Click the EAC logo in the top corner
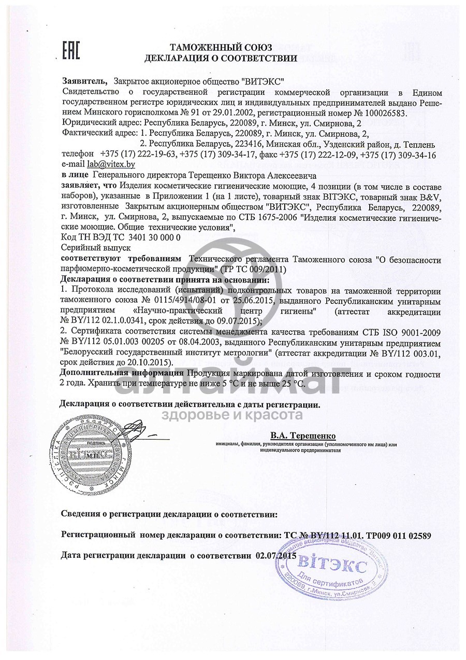point(69,51)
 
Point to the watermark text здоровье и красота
point(232,415)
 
